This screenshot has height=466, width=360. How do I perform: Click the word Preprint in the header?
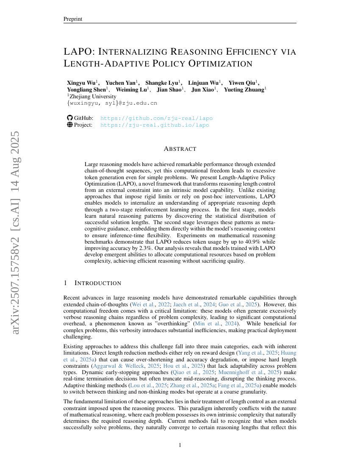point(73,19)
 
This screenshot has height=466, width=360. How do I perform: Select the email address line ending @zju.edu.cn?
point(112,103)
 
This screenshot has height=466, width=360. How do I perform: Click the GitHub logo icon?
point(70,118)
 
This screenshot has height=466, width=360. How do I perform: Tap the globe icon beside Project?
point(70,125)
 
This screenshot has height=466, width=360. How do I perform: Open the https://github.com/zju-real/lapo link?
point(156,118)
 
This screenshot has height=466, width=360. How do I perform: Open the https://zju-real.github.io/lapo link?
point(155,125)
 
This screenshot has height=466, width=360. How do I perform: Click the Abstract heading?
point(180,149)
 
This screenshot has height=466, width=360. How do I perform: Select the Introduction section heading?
point(97,283)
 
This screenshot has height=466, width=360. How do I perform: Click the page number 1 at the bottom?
point(180,445)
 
